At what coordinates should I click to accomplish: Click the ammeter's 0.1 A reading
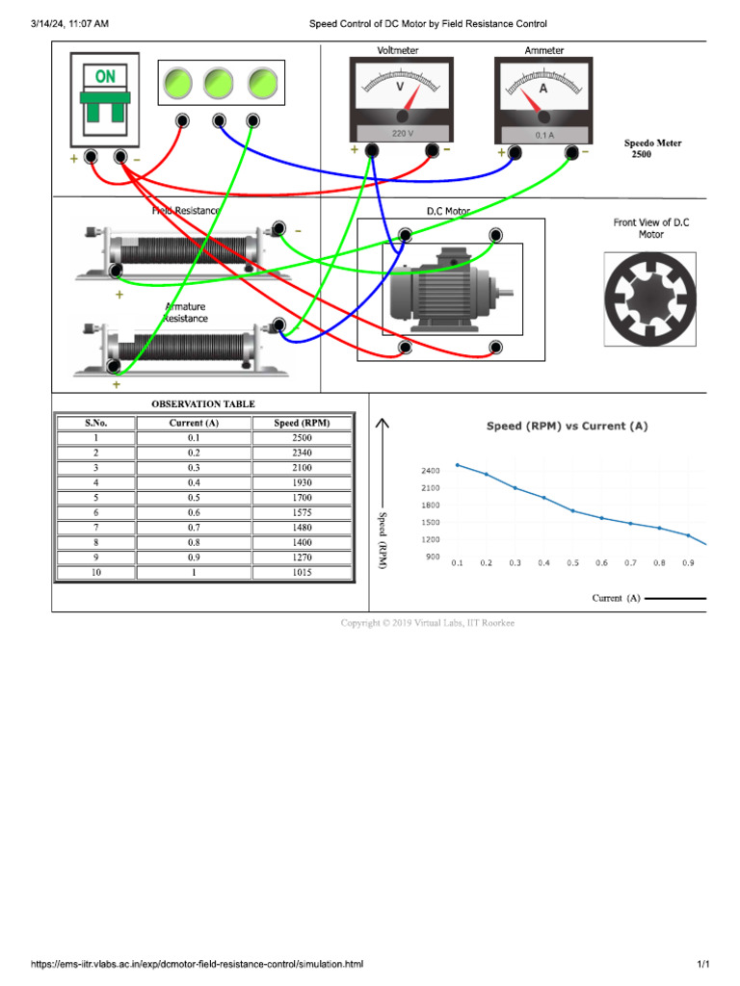tap(543, 135)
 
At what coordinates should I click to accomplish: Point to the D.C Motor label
tap(448, 210)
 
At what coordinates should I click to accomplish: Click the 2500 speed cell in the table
tap(302, 438)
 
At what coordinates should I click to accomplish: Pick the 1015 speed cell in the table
tap(302, 572)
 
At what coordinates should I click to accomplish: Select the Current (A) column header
tap(193, 423)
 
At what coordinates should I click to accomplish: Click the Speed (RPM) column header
tap(302, 423)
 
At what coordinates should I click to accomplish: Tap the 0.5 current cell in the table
tap(193, 498)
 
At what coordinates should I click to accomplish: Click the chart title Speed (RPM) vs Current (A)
tap(567, 426)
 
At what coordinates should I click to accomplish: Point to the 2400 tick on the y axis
tap(430, 471)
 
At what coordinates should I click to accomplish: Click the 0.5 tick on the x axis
tap(572, 562)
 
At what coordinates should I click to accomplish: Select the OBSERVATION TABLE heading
tap(203, 403)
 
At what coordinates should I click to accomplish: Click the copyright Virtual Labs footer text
tap(428, 623)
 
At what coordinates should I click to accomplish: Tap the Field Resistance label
tap(185, 210)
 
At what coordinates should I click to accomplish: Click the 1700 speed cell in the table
tap(302, 498)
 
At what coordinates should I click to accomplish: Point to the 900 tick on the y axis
tap(432, 557)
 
